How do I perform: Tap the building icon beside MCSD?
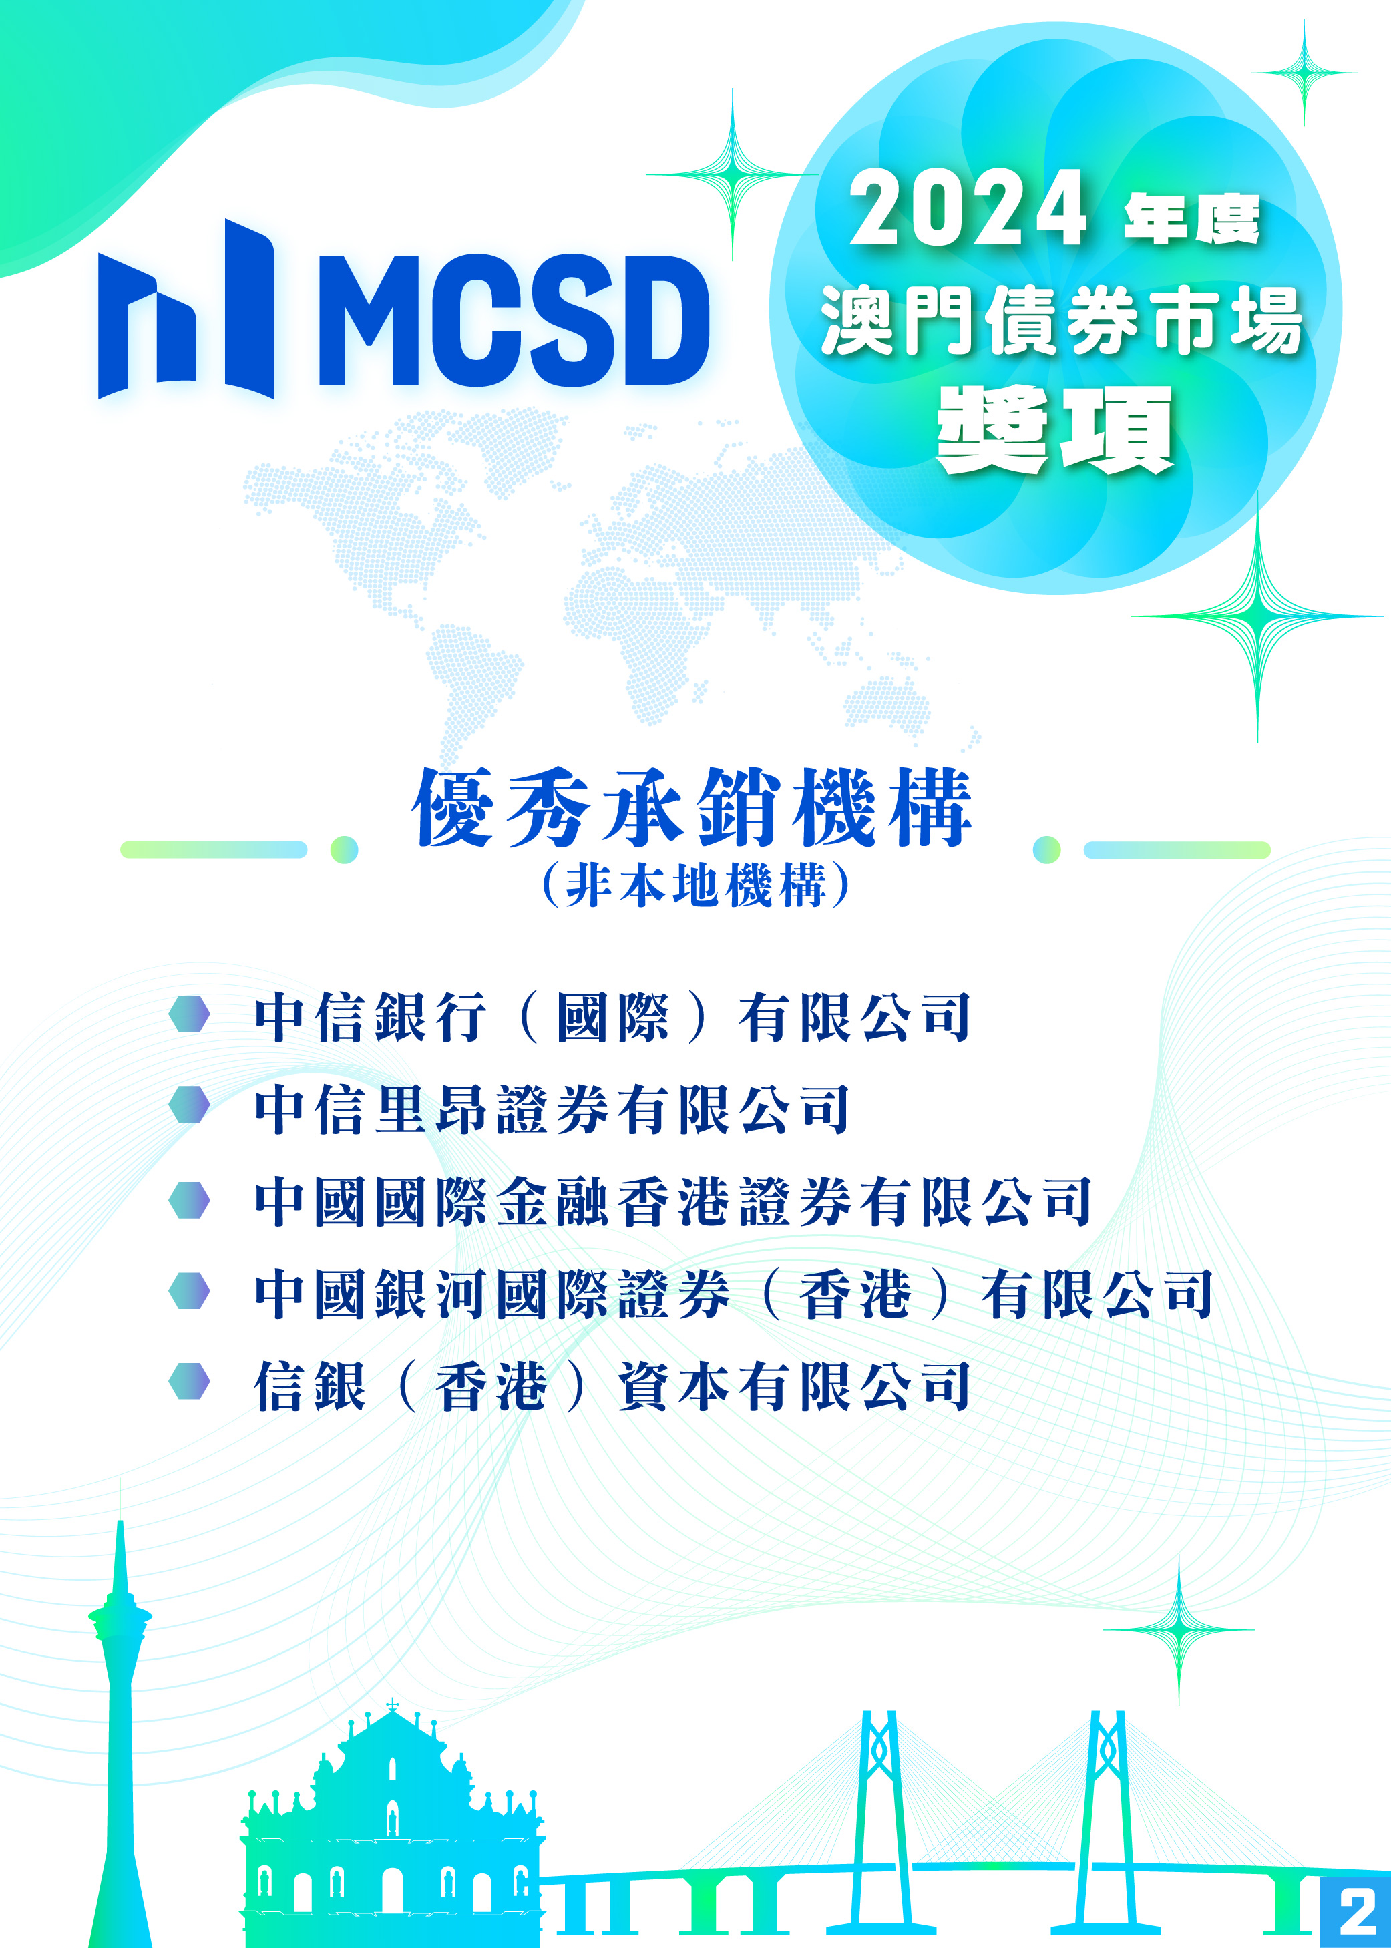186,310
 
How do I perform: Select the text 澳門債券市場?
1060,321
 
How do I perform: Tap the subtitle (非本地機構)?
696,885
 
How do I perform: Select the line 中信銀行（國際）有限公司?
612,1018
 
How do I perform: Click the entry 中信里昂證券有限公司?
552,1109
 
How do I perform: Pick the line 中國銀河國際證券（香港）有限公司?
734,1294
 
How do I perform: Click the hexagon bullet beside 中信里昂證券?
189,1104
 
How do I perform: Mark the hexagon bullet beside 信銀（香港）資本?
189,1381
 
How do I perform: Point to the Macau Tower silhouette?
120,1739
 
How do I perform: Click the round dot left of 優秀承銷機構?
345,849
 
